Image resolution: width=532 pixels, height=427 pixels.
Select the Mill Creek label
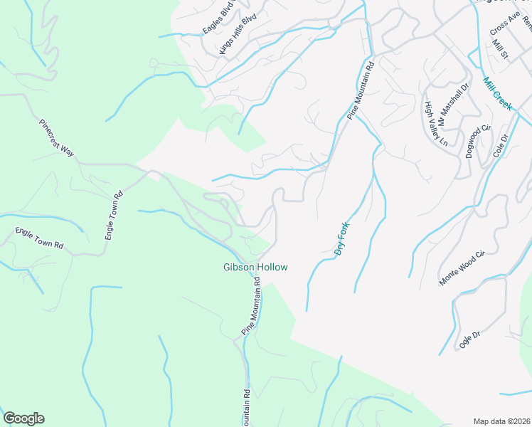[498, 93]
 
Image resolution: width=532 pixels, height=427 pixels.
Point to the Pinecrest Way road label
[57, 137]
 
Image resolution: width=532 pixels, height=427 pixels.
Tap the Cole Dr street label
[500, 146]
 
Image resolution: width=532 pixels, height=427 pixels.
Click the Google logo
[23, 418]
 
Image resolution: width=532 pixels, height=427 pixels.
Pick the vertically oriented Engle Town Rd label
[114, 214]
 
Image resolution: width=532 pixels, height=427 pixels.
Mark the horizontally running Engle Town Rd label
[39, 238]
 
